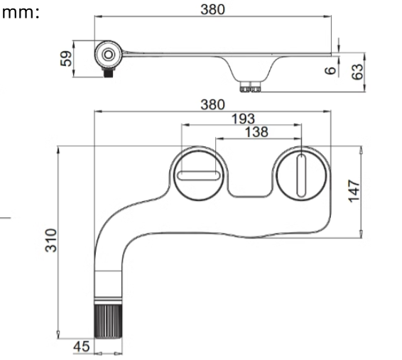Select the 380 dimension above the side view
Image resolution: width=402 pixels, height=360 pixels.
click(x=212, y=9)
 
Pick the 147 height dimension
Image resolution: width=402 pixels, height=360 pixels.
click(x=355, y=190)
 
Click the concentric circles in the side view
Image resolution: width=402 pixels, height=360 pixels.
click(x=108, y=54)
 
